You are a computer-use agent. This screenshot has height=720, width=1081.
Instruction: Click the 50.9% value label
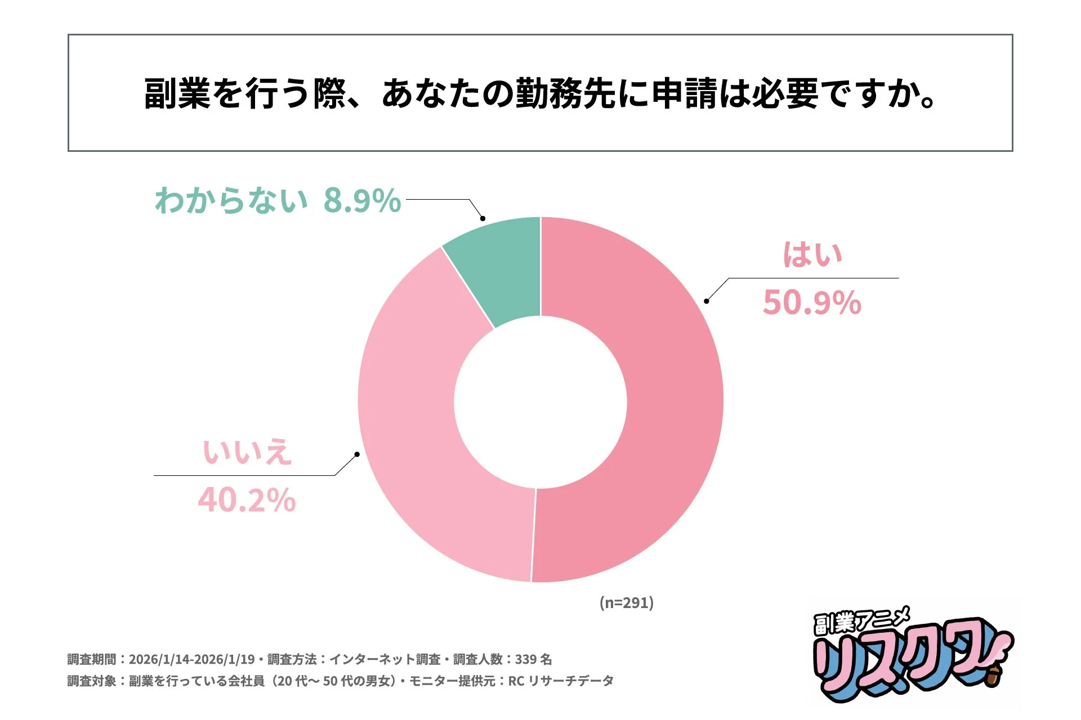(812, 303)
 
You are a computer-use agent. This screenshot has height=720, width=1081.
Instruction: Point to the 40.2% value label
(247, 500)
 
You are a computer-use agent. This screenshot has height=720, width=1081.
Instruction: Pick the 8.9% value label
(362, 200)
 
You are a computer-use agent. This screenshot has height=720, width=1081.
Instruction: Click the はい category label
(812, 254)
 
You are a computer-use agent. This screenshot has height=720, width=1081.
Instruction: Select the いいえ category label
(247, 452)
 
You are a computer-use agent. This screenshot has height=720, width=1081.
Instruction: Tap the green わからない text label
(231, 200)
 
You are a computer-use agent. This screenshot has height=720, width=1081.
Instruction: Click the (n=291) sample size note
(626, 602)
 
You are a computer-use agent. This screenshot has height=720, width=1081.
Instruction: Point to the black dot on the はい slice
(707, 301)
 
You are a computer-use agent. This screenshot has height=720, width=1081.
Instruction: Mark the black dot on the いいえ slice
(357, 454)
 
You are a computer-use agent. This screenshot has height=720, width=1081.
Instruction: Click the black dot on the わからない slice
(483, 218)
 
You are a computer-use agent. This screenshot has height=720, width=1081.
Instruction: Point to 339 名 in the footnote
(533, 659)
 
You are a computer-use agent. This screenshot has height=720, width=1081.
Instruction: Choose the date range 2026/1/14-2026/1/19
(191, 659)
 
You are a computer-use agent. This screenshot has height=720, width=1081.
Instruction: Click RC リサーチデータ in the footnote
(561, 681)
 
